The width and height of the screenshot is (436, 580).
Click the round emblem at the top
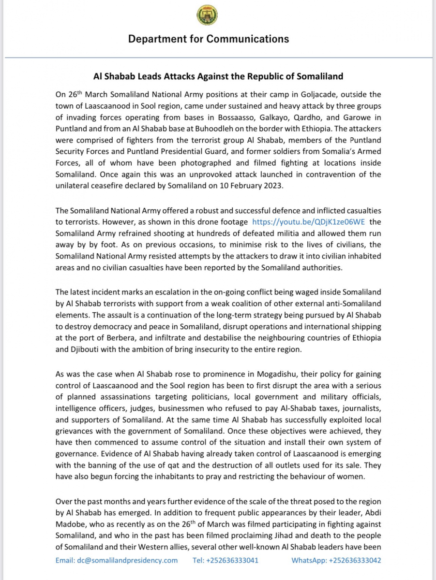click(207, 16)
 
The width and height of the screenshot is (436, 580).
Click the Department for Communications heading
click(209, 39)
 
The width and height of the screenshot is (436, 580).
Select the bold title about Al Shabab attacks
click(218, 76)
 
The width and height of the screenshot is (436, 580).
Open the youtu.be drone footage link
click(308, 222)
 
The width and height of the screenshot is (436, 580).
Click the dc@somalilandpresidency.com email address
click(117, 560)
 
